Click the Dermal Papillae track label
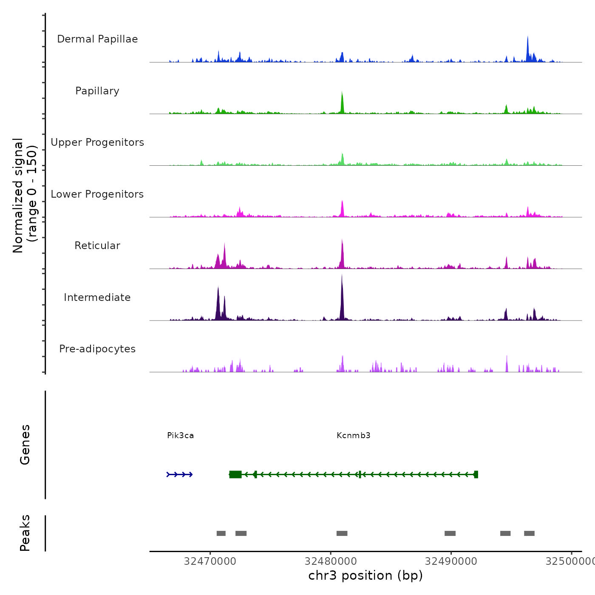tap(97, 39)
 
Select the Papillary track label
tap(97, 91)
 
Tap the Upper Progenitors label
tap(97, 142)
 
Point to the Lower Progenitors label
tap(97, 194)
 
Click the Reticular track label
tap(97, 246)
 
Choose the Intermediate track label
tap(97, 297)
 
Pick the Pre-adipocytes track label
tap(97, 349)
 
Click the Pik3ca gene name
tap(180, 436)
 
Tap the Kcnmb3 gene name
tap(353, 436)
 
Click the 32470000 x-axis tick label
tap(210, 561)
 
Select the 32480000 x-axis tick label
tap(331, 561)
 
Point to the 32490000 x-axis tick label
tap(451, 561)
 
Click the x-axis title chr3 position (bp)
tap(365, 575)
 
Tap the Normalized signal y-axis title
tap(25, 195)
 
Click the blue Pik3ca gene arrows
tap(180, 474)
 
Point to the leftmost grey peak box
tap(221, 533)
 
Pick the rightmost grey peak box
tap(529, 533)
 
